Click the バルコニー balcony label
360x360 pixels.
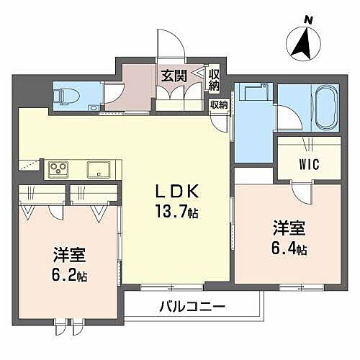192,307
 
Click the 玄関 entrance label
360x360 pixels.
174,74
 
